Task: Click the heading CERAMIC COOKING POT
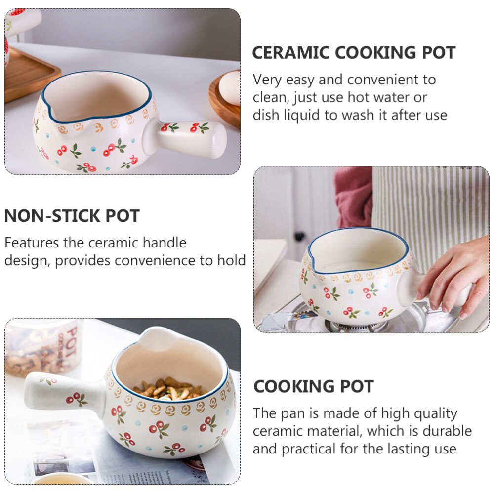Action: [354, 52]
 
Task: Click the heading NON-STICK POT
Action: [72, 216]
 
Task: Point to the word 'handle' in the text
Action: [165, 243]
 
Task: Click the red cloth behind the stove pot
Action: [353, 198]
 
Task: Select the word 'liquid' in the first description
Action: [299, 115]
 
